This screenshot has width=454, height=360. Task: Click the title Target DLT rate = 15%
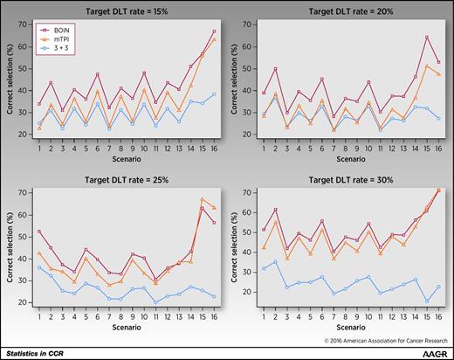coord(119,10)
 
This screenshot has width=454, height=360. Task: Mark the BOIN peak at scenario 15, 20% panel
coord(426,37)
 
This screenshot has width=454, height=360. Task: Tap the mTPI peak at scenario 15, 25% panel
coord(203,199)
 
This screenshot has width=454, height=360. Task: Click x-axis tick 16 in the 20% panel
coord(437,147)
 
